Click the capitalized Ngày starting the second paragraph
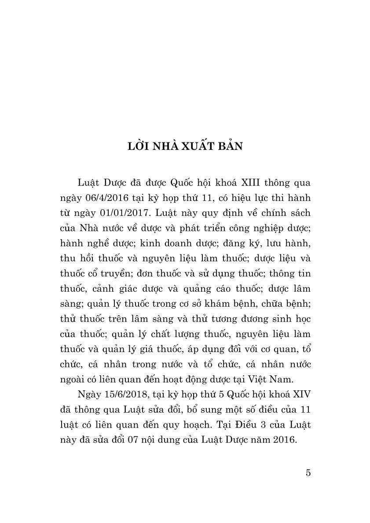(88, 394)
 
